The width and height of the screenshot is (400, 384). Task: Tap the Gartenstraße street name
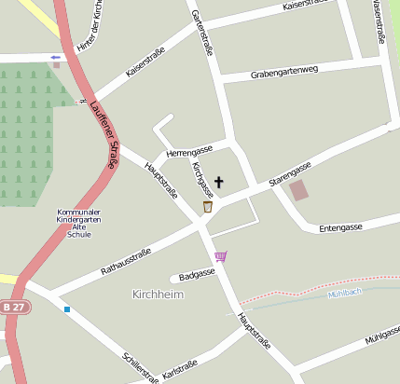[x=203, y=33]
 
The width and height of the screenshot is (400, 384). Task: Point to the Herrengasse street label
[x=189, y=150]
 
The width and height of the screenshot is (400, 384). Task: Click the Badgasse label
[x=198, y=274]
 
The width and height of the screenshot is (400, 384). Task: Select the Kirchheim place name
[x=159, y=295]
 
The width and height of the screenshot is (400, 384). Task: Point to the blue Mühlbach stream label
[x=344, y=294]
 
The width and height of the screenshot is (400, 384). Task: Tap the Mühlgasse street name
[x=383, y=335]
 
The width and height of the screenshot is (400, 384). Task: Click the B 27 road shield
[x=12, y=307]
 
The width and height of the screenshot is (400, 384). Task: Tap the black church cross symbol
[x=220, y=183]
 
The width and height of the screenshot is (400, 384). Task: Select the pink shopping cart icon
[x=220, y=256]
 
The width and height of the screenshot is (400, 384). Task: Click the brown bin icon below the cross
[x=207, y=206]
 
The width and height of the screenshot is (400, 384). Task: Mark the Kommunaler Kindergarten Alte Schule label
[x=79, y=224]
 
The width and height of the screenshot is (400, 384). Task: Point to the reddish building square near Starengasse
[x=299, y=191]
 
